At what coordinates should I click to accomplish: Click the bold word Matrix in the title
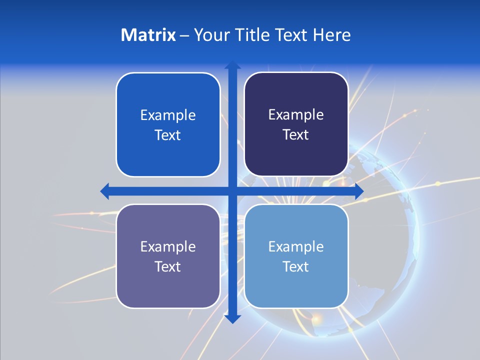click(x=148, y=35)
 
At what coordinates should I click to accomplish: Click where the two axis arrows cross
click(x=232, y=191)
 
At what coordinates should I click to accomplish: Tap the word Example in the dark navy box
click(x=296, y=115)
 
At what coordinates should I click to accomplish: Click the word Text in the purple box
click(x=168, y=266)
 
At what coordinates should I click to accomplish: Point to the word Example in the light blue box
click(x=296, y=246)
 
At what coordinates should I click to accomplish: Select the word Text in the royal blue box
click(x=168, y=135)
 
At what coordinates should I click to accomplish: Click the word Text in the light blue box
click(x=296, y=266)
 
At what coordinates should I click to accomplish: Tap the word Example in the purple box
click(x=168, y=246)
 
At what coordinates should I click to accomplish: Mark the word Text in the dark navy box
click(x=296, y=134)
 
